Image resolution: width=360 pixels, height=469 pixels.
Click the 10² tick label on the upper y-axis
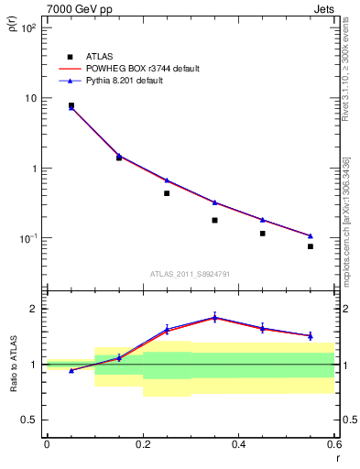coord(29,28)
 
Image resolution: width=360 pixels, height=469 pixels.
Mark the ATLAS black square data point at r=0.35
coord(214,220)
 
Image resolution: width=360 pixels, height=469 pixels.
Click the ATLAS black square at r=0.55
coord(311,246)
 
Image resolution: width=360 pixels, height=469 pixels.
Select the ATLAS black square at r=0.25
coord(167,193)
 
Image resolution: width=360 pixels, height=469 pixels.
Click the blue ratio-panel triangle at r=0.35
coord(214,317)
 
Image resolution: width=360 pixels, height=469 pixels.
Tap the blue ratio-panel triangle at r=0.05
coord(71,370)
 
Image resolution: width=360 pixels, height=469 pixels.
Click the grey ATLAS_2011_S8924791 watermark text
coord(190,273)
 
